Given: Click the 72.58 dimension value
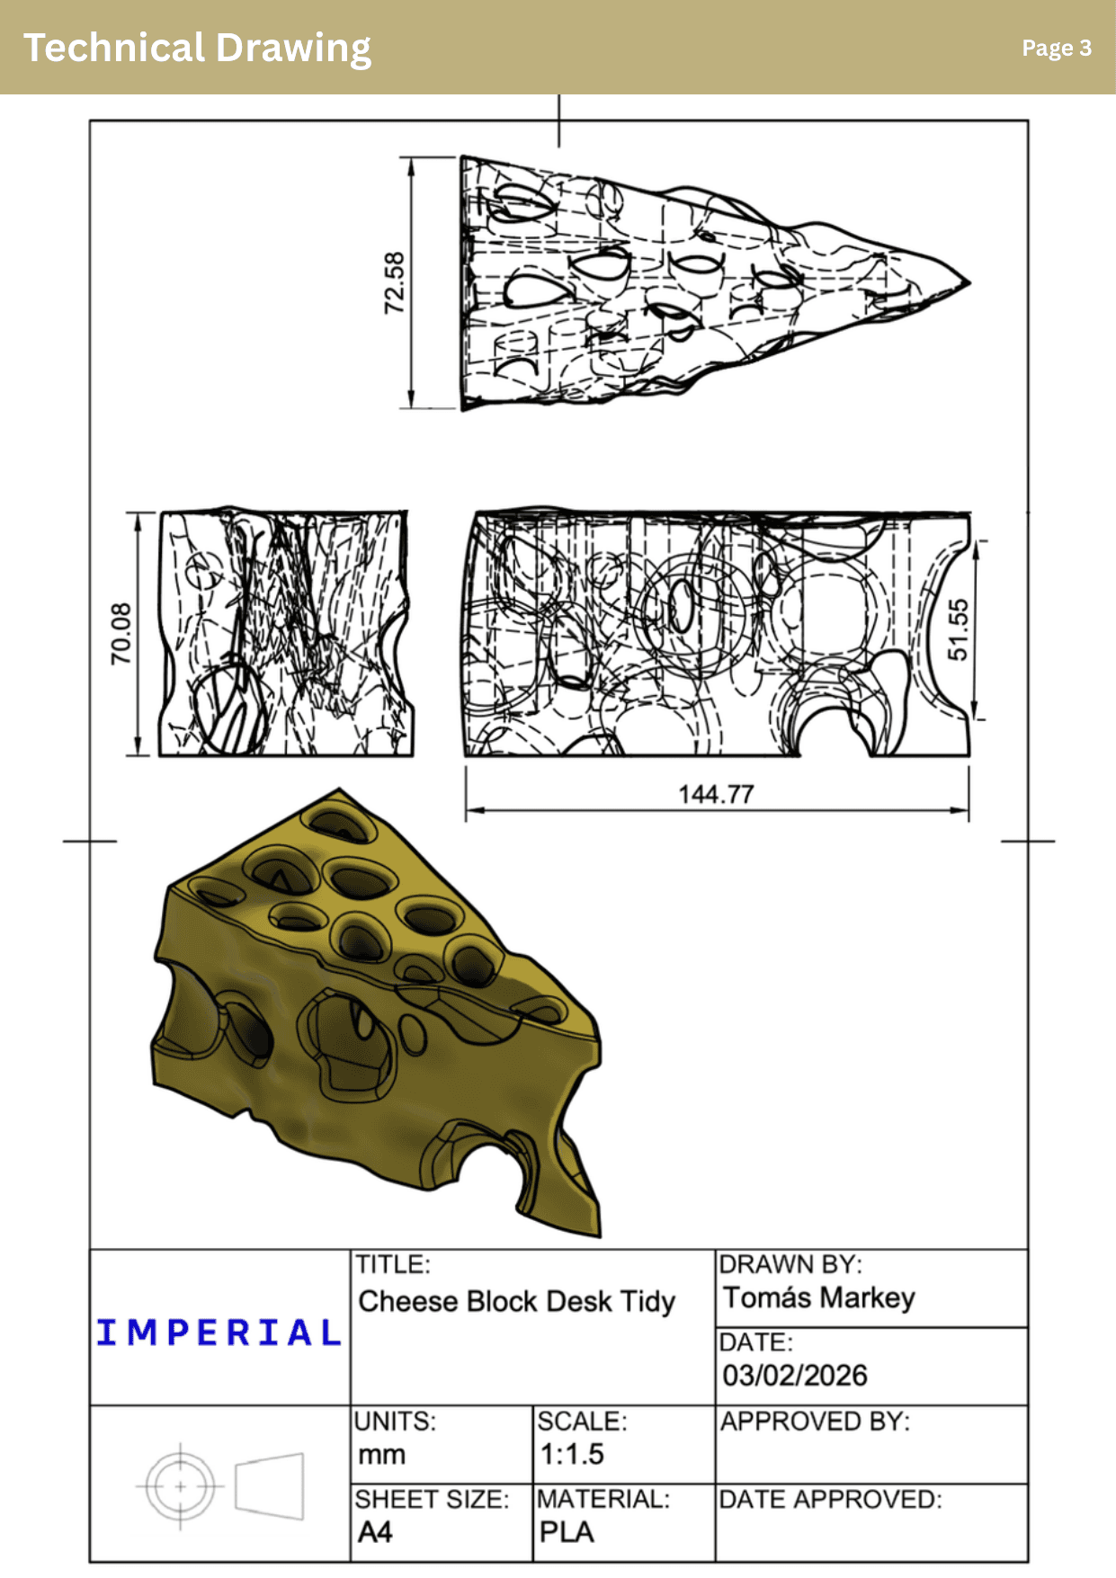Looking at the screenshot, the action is coord(395,282).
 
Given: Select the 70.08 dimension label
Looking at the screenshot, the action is coord(121,634).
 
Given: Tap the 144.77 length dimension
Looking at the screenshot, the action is coord(716,794).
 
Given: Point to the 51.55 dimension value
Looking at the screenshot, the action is coord(958,629).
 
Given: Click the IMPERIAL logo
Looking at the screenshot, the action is coord(219,1333).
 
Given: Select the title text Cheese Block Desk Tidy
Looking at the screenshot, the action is coord(517,1301).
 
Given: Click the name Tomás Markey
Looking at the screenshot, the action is coord(819,1297).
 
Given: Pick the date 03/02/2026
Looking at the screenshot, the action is coord(795,1375).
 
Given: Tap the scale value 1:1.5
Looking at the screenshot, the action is coord(572,1454).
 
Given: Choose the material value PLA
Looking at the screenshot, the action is coord(567,1531).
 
